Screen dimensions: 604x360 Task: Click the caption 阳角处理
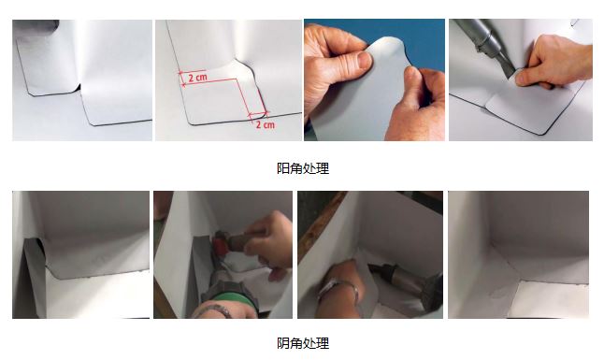[303, 168]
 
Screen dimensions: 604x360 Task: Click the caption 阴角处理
[303, 343]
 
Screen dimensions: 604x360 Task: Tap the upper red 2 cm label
[197, 78]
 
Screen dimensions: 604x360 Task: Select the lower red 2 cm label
[266, 124]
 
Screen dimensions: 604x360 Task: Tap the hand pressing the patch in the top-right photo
[553, 61]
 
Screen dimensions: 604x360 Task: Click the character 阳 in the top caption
[283, 168]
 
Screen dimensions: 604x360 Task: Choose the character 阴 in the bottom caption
[283, 343]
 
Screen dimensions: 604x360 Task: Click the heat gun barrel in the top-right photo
[481, 34]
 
